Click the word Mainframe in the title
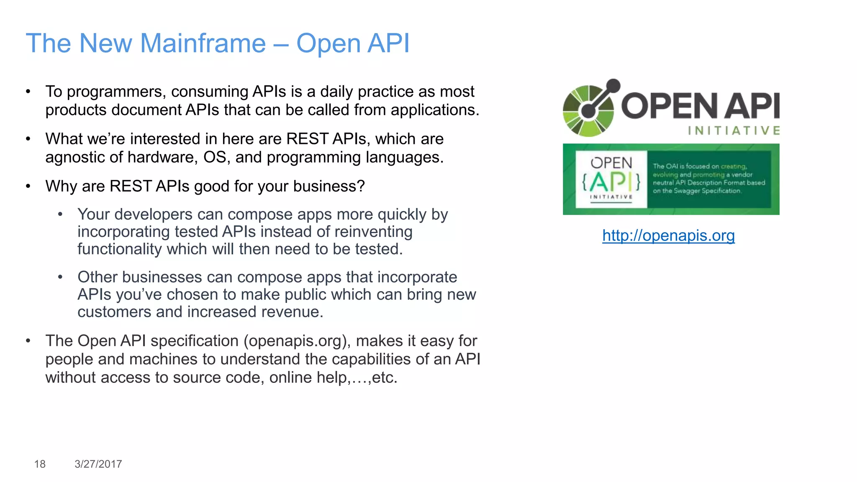(203, 44)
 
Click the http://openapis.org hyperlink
(668, 236)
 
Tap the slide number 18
(40, 464)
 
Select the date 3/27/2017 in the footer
(98, 464)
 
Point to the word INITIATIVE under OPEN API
(734, 131)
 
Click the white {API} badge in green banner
(611, 179)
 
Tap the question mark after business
(361, 186)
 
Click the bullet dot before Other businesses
(60, 277)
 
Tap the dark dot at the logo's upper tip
(613, 85)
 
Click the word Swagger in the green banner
(687, 191)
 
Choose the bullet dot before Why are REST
(28, 186)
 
